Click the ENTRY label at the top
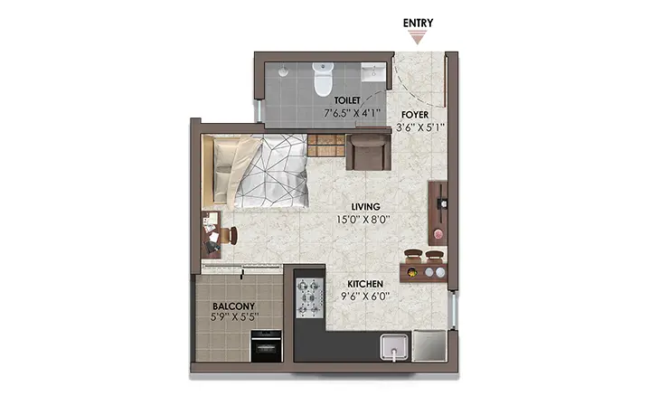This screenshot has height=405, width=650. point(418,24)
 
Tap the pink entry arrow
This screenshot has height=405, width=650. point(418,39)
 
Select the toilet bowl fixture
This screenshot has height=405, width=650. point(323,79)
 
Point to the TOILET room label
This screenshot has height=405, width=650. point(347,100)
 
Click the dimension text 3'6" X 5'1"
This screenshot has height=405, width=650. point(420,127)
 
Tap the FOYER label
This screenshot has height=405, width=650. point(415,115)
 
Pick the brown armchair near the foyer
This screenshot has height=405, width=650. point(369,152)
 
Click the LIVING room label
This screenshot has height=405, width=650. point(365,206)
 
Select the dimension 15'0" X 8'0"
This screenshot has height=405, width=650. point(363,220)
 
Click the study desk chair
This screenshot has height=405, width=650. point(230,235)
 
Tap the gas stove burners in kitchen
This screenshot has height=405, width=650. point(310,298)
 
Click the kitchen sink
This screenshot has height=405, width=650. point(394,346)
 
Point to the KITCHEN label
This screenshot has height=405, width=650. point(365,284)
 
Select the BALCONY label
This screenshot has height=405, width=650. point(234,306)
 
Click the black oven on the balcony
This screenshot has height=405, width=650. point(266,345)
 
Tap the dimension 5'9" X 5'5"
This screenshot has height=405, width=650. point(235,317)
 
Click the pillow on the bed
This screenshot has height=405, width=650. point(224,169)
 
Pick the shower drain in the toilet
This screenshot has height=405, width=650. point(283,71)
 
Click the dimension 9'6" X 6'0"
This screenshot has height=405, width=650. point(365,296)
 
